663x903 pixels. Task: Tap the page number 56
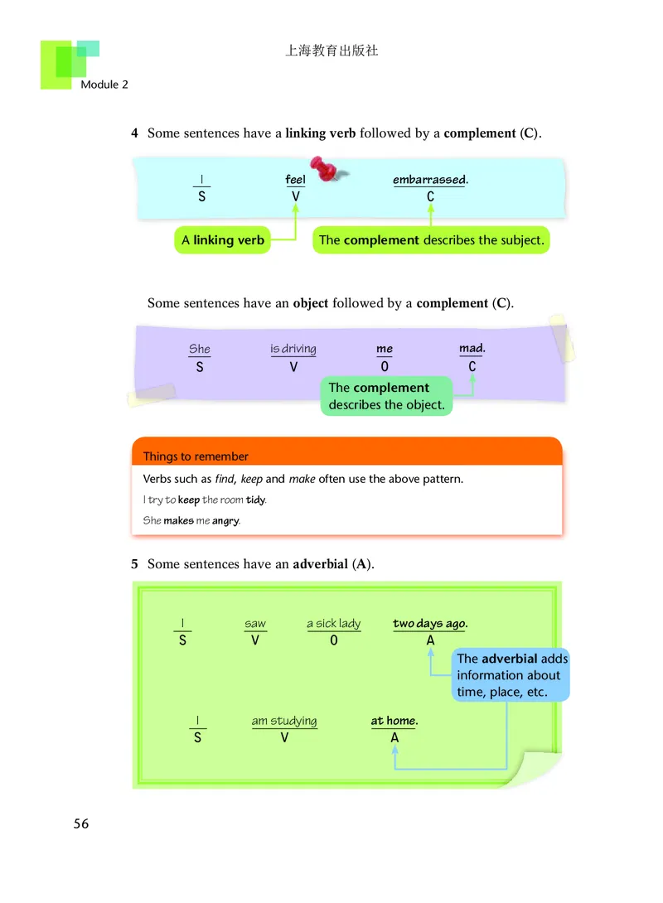pyautogui.click(x=81, y=823)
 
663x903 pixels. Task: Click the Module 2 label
pyautogui.click(x=104, y=85)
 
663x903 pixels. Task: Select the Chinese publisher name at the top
pyautogui.click(x=331, y=51)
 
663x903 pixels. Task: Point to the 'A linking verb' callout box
pyautogui.click(x=223, y=240)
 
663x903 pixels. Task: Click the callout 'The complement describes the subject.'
pyautogui.click(x=431, y=240)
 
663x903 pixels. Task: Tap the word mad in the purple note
pyautogui.click(x=472, y=349)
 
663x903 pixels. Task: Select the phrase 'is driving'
pyautogui.click(x=293, y=350)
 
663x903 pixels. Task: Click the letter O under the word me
pyautogui.click(x=384, y=367)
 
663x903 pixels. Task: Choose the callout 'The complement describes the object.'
pyautogui.click(x=386, y=396)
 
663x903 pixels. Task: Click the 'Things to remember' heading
pyautogui.click(x=196, y=456)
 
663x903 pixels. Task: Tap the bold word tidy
pyautogui.click(x=255, y=500)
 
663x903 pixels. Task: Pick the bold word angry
pyautogui.click(x=225, y=521)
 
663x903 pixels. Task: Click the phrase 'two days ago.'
pyautogui.click(x=430, y=624)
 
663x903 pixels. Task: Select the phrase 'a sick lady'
pyautogui.click(x=333, y=624)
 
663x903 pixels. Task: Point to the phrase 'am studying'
pyautogui.click(x=284, y=721)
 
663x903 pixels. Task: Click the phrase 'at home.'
pyautogui.click(x=394, y=721)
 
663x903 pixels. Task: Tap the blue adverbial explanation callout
pyautogui.click(x=511, y=675)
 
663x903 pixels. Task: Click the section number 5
pyautogui.click(x=134, y=564)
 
